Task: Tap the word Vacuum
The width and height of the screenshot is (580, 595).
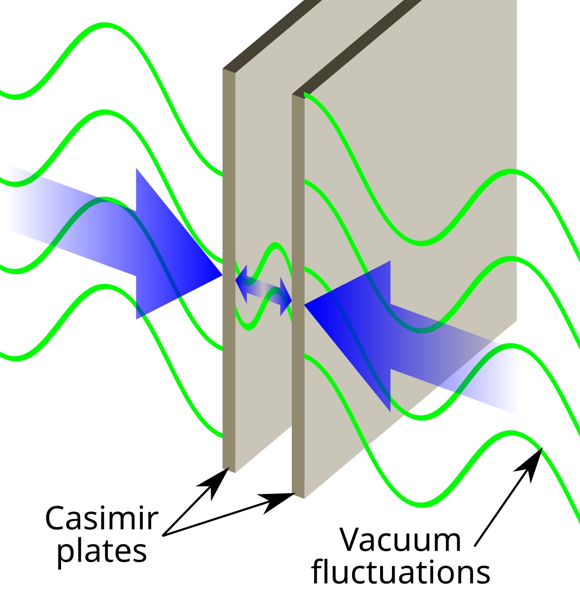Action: pos(401,540)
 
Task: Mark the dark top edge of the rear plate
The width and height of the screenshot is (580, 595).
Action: pos(358,45)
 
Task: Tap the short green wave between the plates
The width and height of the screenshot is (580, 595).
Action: pos(274,247)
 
